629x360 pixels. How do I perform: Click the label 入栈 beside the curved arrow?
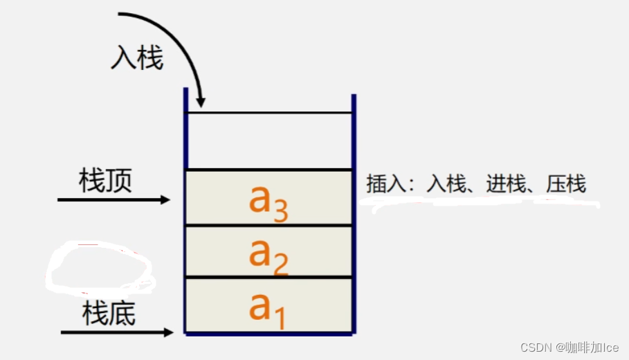click(x=137, y=60)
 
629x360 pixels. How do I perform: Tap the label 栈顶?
click(x=106, y=181)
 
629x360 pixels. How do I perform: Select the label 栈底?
click(x=109, y=314)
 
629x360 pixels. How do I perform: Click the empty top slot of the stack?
click(x=269, y=141)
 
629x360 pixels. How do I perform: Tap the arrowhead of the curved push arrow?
click(x=200, y=102)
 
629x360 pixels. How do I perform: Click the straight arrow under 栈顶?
click(x=113, y=200)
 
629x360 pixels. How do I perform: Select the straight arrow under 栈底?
click(x=116, y=333)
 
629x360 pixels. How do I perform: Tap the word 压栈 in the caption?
click(x=566, y=184)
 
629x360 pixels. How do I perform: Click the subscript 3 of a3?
click(x=280, y=211)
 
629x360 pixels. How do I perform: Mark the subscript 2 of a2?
click(x=280, y=265)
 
